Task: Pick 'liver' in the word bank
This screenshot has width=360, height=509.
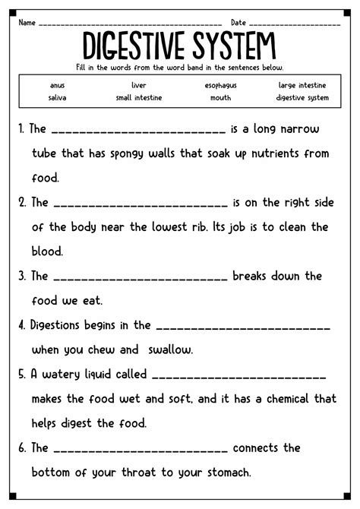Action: click(x=138, y=86)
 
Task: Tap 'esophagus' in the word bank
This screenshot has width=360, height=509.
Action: click(x=220, y=86)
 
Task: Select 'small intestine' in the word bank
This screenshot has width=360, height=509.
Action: click(x=138, y=97)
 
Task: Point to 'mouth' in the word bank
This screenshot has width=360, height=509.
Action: click(x=220, y=97)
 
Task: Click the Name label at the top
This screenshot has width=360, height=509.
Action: click(x=28, y=23)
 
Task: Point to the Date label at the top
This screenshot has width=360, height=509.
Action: click(x=238, y=23)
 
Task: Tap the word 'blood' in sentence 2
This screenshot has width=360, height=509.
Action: click(x=48, y=251)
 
